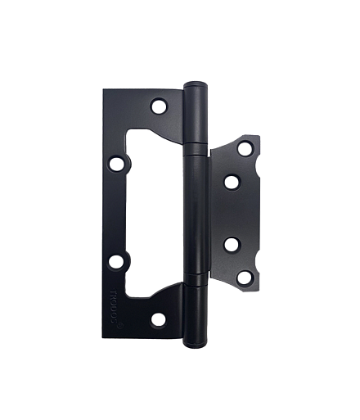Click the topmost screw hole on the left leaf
[x=158, y=106]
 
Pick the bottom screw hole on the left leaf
[x=158, y=318]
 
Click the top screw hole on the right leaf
[x=244, y=149]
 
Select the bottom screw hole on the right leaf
[x=244, y=276]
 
